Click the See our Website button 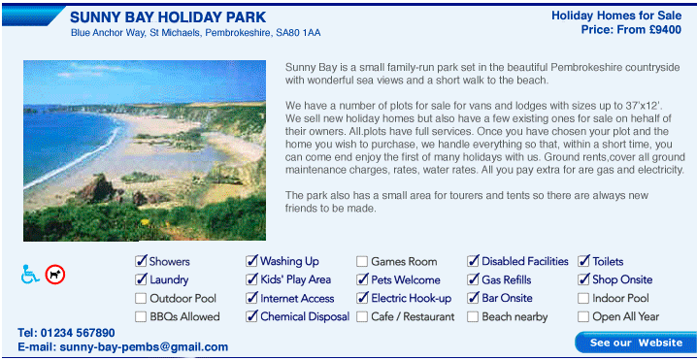[635, 343]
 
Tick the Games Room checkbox [362, 261]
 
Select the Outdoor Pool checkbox [141, 298]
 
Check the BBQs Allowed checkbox [141, 316]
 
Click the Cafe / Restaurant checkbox [362, 316]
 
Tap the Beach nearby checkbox [473, 316]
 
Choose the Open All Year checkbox [583, 316]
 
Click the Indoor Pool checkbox [583, 298]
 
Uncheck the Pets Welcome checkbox [362, 279]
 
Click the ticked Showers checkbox [141, 261]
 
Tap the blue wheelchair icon [30, 275]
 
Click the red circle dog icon [55, 275]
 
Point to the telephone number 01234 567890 [78, 333]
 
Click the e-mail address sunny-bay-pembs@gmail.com [144, 347]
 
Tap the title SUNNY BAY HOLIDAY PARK [168, 17]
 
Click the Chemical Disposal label [305, 316]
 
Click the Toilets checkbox [583, 261]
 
